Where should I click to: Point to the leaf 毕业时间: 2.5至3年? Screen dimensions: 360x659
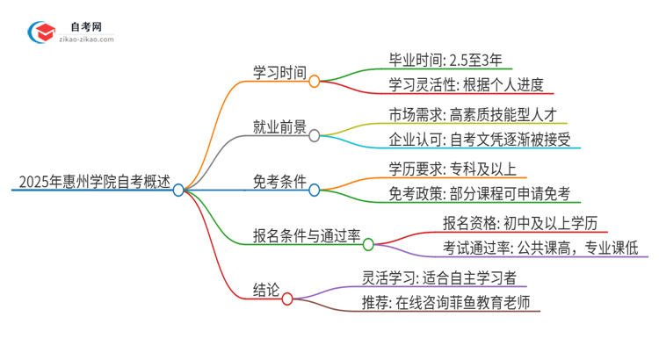445,61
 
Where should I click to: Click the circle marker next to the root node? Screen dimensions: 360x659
178,190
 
